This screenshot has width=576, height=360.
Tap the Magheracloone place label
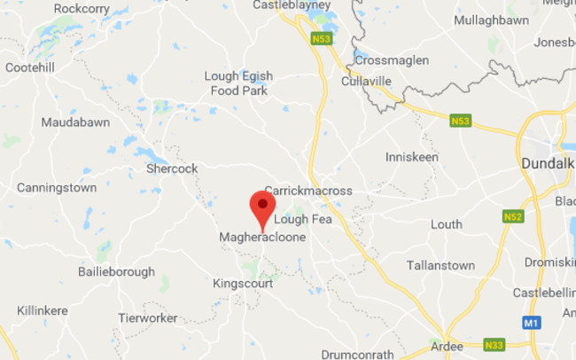[262, 238]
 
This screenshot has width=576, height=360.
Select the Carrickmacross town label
[308, 191]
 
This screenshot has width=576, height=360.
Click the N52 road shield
[512, 216]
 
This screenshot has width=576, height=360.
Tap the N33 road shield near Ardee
[495, 345]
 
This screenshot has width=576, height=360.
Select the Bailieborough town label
[116, 272]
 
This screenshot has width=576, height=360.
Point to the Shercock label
[172, 168]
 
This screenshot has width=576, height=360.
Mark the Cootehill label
[33, 67]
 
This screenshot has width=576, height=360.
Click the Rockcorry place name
[82, 8]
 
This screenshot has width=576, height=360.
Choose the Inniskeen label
[412, 157]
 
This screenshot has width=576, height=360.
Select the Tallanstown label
[441, 265]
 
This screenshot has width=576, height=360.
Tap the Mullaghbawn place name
[491, 20]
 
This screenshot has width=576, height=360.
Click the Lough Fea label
[303, 219]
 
